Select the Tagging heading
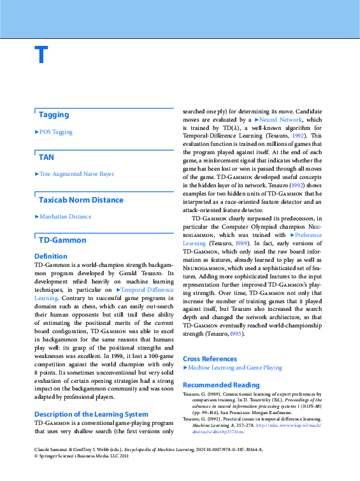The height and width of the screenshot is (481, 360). [x=54, y=115]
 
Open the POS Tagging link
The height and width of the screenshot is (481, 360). [x=55, y=132]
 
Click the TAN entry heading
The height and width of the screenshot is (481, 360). [x=47, y=157]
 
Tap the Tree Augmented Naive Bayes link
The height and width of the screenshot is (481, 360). [x=76, y=173]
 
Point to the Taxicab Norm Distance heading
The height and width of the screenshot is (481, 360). [x=81, y=200]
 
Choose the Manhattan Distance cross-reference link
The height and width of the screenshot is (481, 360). [x=65, y=217]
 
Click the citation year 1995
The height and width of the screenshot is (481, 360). [x=236, y=333]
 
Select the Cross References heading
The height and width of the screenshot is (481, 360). [x=210, y=359]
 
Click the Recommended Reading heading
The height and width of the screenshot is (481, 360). [x=221, y=385]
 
